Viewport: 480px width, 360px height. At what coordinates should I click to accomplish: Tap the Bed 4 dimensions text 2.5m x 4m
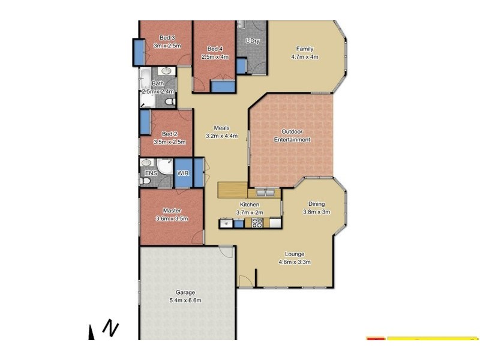click(x=215, y=57)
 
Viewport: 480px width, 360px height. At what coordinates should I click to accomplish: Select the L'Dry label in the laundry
click(x=253, y=40)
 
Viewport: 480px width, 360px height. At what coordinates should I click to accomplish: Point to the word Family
click(x=304, y=49)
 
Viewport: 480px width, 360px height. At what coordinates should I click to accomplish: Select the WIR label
click(x=183, y=173)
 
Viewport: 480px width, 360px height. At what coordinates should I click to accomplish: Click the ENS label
click(x=151, y=174)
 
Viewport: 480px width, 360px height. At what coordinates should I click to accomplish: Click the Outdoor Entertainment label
click(x=292, y=136)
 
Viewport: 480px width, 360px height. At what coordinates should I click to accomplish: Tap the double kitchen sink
click(x=265, y=193)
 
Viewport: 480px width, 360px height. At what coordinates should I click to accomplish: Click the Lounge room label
click(x=295, y=254)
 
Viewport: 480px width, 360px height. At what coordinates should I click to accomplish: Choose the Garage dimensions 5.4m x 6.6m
click(x=185, y=300)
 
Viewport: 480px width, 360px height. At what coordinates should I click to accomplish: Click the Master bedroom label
click(x=172, y=211)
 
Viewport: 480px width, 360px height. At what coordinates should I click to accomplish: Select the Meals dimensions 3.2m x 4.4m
click(x=221, y=136)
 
